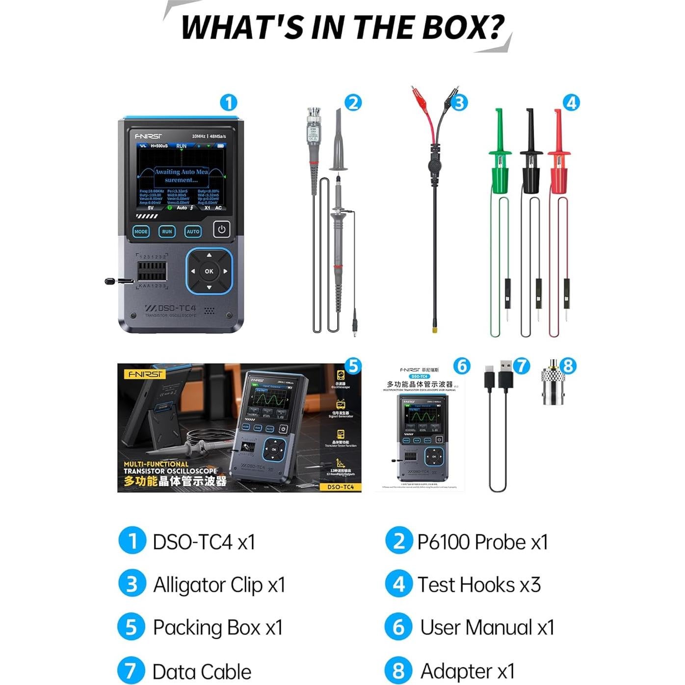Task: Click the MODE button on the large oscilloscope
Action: pyautogui.click(x=141, y=232)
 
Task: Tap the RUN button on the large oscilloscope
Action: pyautogui.click(x=167, y=232)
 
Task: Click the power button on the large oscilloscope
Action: pyautogui.click(x=222, y=229)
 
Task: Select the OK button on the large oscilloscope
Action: pyautogui.click(x=209, y=271)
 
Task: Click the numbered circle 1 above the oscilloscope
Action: pyautogui.click(x=229, y=103)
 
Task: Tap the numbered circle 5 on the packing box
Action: pyautogui.click(x=353, y=366)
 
